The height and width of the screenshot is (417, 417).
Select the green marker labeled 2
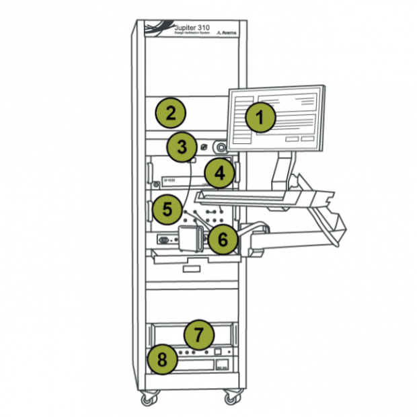click(x=171, y=112)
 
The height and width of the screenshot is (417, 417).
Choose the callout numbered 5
click(x=167, y=208)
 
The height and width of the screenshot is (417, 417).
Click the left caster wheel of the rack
click(x=147, y=400)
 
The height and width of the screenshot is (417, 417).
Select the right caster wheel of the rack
click(x=231, y=398)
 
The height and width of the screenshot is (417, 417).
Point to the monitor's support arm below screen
click(x=281, y=172)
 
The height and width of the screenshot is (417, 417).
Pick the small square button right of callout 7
click(x=218, y=352)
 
